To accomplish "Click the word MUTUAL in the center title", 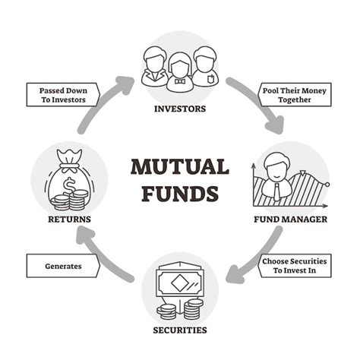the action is coord(180,166).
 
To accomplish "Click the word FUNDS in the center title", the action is coord(180,194).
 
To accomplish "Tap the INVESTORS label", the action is coord(180,109).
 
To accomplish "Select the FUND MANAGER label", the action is coord(291,219).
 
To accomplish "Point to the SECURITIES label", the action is coord(180,330).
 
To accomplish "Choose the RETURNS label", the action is coord(69,219).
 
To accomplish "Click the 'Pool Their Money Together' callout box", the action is coord(295,95).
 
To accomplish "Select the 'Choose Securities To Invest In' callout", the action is coord(295,266).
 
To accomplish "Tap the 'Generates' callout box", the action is coord(63,266).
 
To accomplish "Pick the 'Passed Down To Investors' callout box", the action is coord(63,95).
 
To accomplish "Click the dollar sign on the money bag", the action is coord(68,186).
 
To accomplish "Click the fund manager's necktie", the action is coord(277,191).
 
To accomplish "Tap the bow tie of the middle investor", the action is coord(180,82).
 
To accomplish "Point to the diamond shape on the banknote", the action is coord(180,283).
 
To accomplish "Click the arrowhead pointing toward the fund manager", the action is coord(275,125).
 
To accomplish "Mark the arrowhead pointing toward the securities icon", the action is coord(235,274).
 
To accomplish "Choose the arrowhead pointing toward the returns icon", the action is coord(85,235).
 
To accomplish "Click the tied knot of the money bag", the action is coord(69,166).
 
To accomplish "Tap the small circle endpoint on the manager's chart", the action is coord(327,185).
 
